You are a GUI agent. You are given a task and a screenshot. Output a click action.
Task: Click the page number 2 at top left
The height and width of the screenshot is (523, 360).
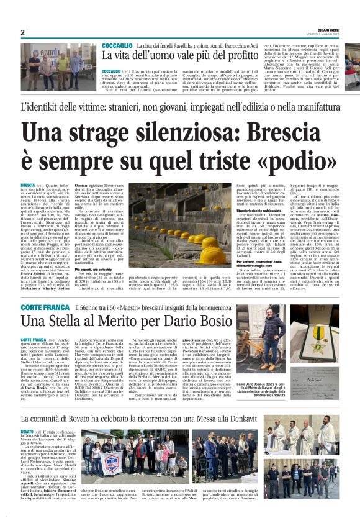click(22, 32)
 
